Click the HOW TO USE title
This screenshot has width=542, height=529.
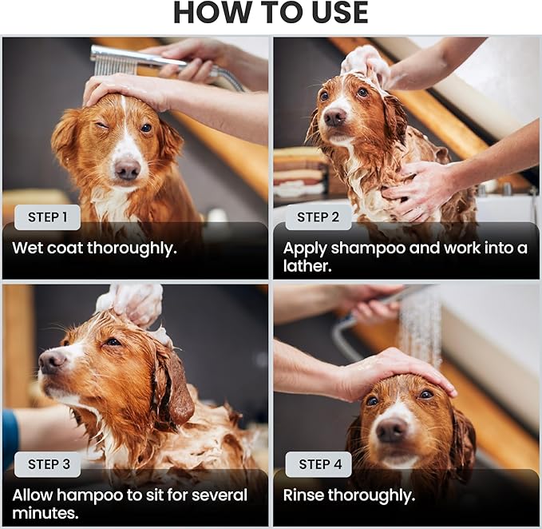(x=271, y=14)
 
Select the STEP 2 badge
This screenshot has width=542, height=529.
(x=318, y=217)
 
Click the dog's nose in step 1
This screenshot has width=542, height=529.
(x=126, y=169)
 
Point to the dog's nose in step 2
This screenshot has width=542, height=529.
(x=334, y=117)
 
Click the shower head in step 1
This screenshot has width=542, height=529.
(x=115, y=61)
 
